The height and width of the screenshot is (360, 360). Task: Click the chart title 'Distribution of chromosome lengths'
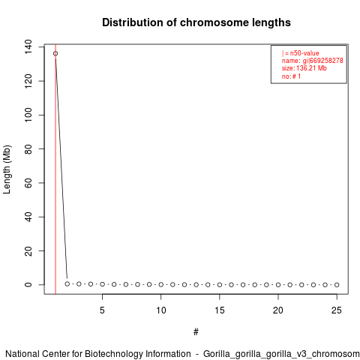tap(196, 22)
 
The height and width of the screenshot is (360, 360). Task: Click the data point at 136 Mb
tap(55, 53)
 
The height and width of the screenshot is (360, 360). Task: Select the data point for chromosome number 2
tap(67, 283)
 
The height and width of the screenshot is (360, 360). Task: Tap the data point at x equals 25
tap(337, 285)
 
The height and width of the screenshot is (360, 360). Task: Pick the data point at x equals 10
tap(161, 284)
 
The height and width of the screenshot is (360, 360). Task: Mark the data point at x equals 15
tap(220, 285)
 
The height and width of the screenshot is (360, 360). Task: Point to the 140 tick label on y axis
tap(28, 46)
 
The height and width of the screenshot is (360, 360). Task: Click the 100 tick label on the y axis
tap(28, 115)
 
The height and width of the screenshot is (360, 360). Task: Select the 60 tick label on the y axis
tap(28, 183)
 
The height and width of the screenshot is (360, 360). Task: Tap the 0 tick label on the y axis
tap(28, 285)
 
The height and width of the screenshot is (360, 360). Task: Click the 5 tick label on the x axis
tap(102, 310)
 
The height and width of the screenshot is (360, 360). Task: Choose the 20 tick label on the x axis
tap(278, 310)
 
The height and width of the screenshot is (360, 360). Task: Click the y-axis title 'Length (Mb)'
tap(7, 169)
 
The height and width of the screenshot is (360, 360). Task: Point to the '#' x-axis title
tap(196, 331)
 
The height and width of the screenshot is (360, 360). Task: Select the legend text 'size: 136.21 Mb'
tap(304, 68)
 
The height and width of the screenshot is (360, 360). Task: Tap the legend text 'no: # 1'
tap(291, 76)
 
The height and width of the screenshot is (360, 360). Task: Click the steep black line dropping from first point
tap(61, 167)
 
